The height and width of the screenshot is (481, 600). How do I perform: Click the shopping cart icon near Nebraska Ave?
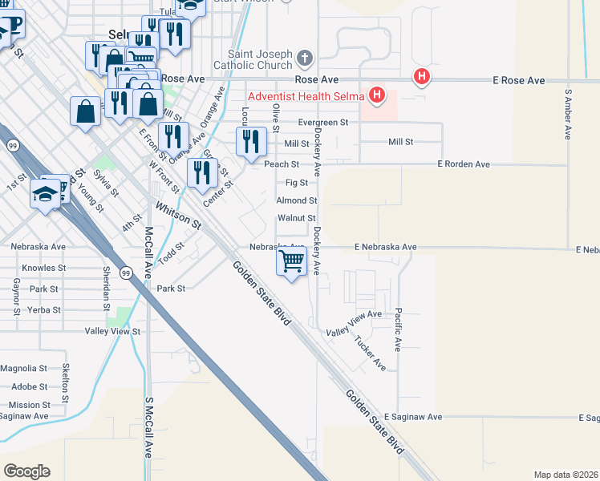[x=292, y=261]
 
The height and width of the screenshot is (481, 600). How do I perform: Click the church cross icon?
[x=304, y=58]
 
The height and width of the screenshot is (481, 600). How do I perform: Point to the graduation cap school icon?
[x=44, y=192]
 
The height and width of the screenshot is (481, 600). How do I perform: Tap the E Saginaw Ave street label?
[x=412, y=417]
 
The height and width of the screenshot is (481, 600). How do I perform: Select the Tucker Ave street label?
[x=370, y=353]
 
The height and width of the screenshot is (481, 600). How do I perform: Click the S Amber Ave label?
[x=569, y=113]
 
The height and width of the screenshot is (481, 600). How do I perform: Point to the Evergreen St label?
[x=322, y=123]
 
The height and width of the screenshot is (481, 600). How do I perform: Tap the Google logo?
[x=26, y=471]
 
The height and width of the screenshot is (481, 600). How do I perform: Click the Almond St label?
[x=297, y=200]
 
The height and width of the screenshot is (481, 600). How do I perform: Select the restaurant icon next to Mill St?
[x=251, y=142]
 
